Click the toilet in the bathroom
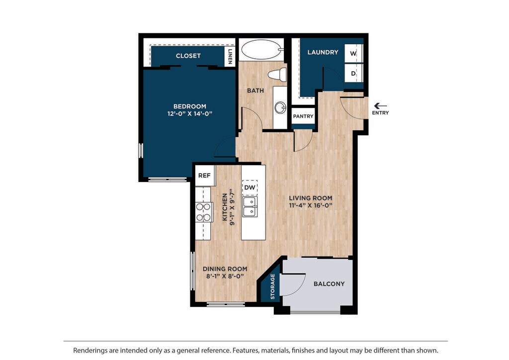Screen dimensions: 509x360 [277, 75]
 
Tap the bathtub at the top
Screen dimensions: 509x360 [262, 49]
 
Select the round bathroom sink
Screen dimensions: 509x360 [280, 107]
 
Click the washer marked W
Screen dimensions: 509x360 [353, 53]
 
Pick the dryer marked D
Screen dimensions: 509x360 [353, 73]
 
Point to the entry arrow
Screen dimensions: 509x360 [380, 106]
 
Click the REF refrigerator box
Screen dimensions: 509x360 [204, 176]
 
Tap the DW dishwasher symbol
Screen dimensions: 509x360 [250, 187]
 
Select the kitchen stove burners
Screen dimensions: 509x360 [203, 212]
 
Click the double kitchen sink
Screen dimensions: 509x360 [250, 207]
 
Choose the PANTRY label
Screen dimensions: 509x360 [303, 116]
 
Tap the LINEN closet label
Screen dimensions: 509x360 [230, 56]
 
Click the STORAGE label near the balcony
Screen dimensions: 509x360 [273, 286]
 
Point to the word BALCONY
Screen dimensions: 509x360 [329, 284]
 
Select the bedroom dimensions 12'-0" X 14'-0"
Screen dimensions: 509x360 [190, 113]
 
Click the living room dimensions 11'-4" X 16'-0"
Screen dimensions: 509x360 [311, 205]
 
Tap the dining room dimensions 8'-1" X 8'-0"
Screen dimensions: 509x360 [225, 276]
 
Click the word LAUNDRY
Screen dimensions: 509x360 [323, 52]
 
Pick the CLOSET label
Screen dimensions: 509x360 [188, 56]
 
